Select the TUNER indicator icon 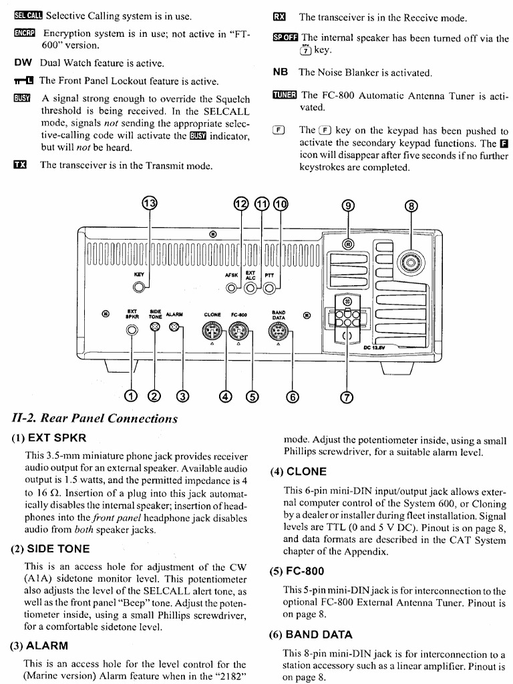click(x=284, y=96)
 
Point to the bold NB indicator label click(x=281, y=72)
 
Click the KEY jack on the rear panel click(x=139, y=287)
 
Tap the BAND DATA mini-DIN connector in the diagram click(x=277, y=330)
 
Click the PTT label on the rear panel click(x=269, y=275)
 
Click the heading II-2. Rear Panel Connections click(x=96, y=419)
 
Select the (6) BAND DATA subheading click(x=311, y=635)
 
